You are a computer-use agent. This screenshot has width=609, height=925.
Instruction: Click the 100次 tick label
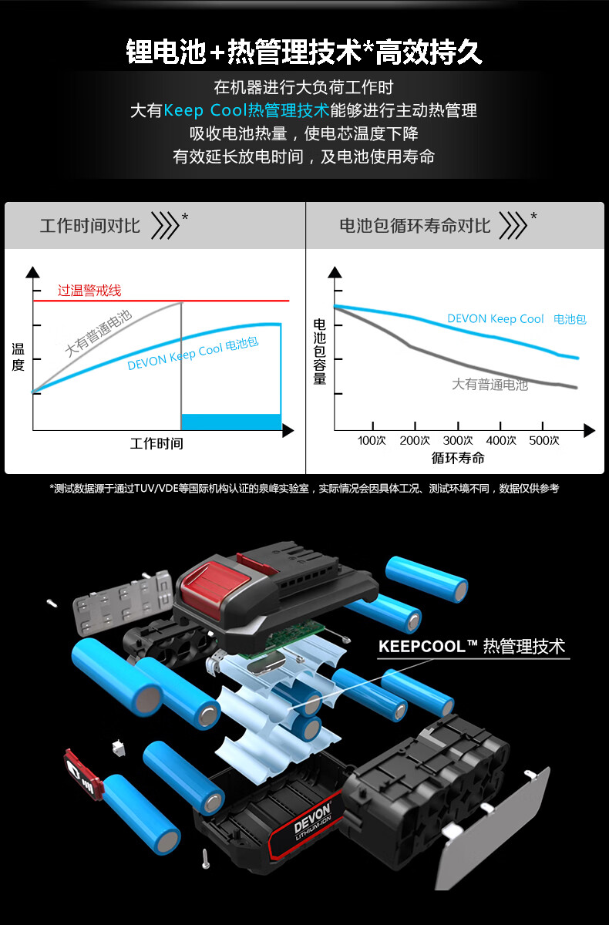click(x=371, y=441)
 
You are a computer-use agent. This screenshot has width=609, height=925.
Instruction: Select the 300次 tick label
click(x=457, y=441)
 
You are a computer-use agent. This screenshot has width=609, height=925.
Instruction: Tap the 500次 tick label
click(x=543, y=441)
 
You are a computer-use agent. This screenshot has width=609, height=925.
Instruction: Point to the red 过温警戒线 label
click(x=89, y=291)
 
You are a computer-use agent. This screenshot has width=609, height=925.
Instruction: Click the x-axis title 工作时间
click(x=156, y=444)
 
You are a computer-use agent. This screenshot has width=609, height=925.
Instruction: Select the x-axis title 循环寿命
click(x=457, y=458)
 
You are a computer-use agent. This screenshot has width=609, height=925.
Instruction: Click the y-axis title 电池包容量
click(x=320, y=351)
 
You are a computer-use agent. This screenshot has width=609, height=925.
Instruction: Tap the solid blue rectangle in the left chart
click(x=231, y=422)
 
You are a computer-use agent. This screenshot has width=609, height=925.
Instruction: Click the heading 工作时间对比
click(x=90, y=226)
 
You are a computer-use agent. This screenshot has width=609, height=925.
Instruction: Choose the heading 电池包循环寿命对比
click(x=415, y=226)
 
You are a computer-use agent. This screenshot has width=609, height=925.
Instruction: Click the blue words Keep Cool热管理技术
click(x=247, y=110)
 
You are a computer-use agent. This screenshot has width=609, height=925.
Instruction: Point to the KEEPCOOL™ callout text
click(x=472, y=646)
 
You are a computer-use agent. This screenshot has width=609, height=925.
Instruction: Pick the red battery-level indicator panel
click(x=82, y=774)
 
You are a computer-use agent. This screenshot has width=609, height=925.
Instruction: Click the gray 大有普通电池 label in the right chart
click(x=490, y=385)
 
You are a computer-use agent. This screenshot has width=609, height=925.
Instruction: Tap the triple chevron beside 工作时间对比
click(x=165, y=225)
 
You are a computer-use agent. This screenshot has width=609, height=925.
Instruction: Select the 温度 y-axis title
click(x=18, y=357)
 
